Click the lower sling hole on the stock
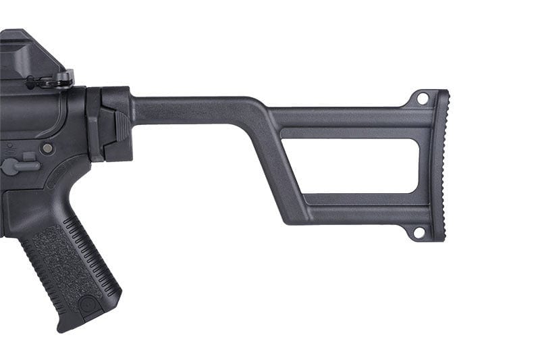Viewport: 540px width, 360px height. point(418,232)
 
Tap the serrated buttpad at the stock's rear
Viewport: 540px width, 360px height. point(439,165)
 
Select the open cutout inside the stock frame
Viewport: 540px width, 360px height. point(351,165)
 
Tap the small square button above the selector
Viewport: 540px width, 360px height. point(29,157)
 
